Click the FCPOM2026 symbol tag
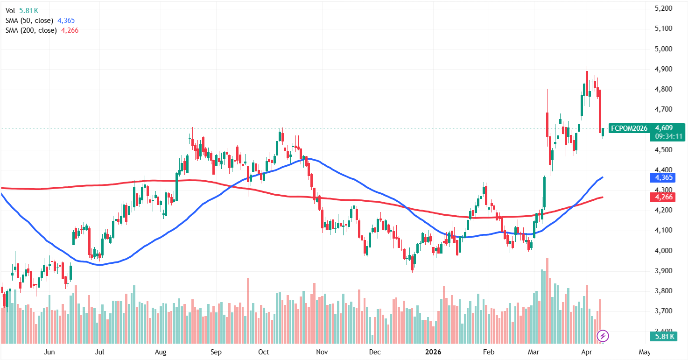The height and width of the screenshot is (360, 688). tap(629, 127)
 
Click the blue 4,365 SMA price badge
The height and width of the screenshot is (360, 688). tap(664, 177)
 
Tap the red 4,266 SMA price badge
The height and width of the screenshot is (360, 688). tap(664, 197)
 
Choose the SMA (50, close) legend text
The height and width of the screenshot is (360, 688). tap(30, 21)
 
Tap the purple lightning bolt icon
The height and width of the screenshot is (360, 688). tap(603, 335)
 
